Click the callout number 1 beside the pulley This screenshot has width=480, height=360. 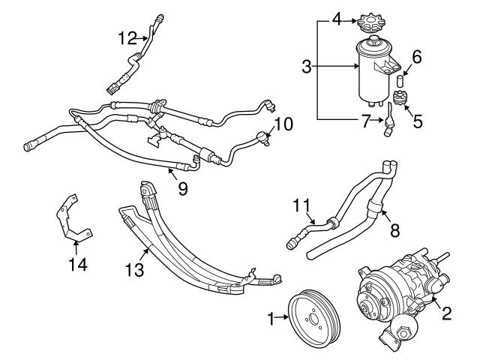coord(271,318)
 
